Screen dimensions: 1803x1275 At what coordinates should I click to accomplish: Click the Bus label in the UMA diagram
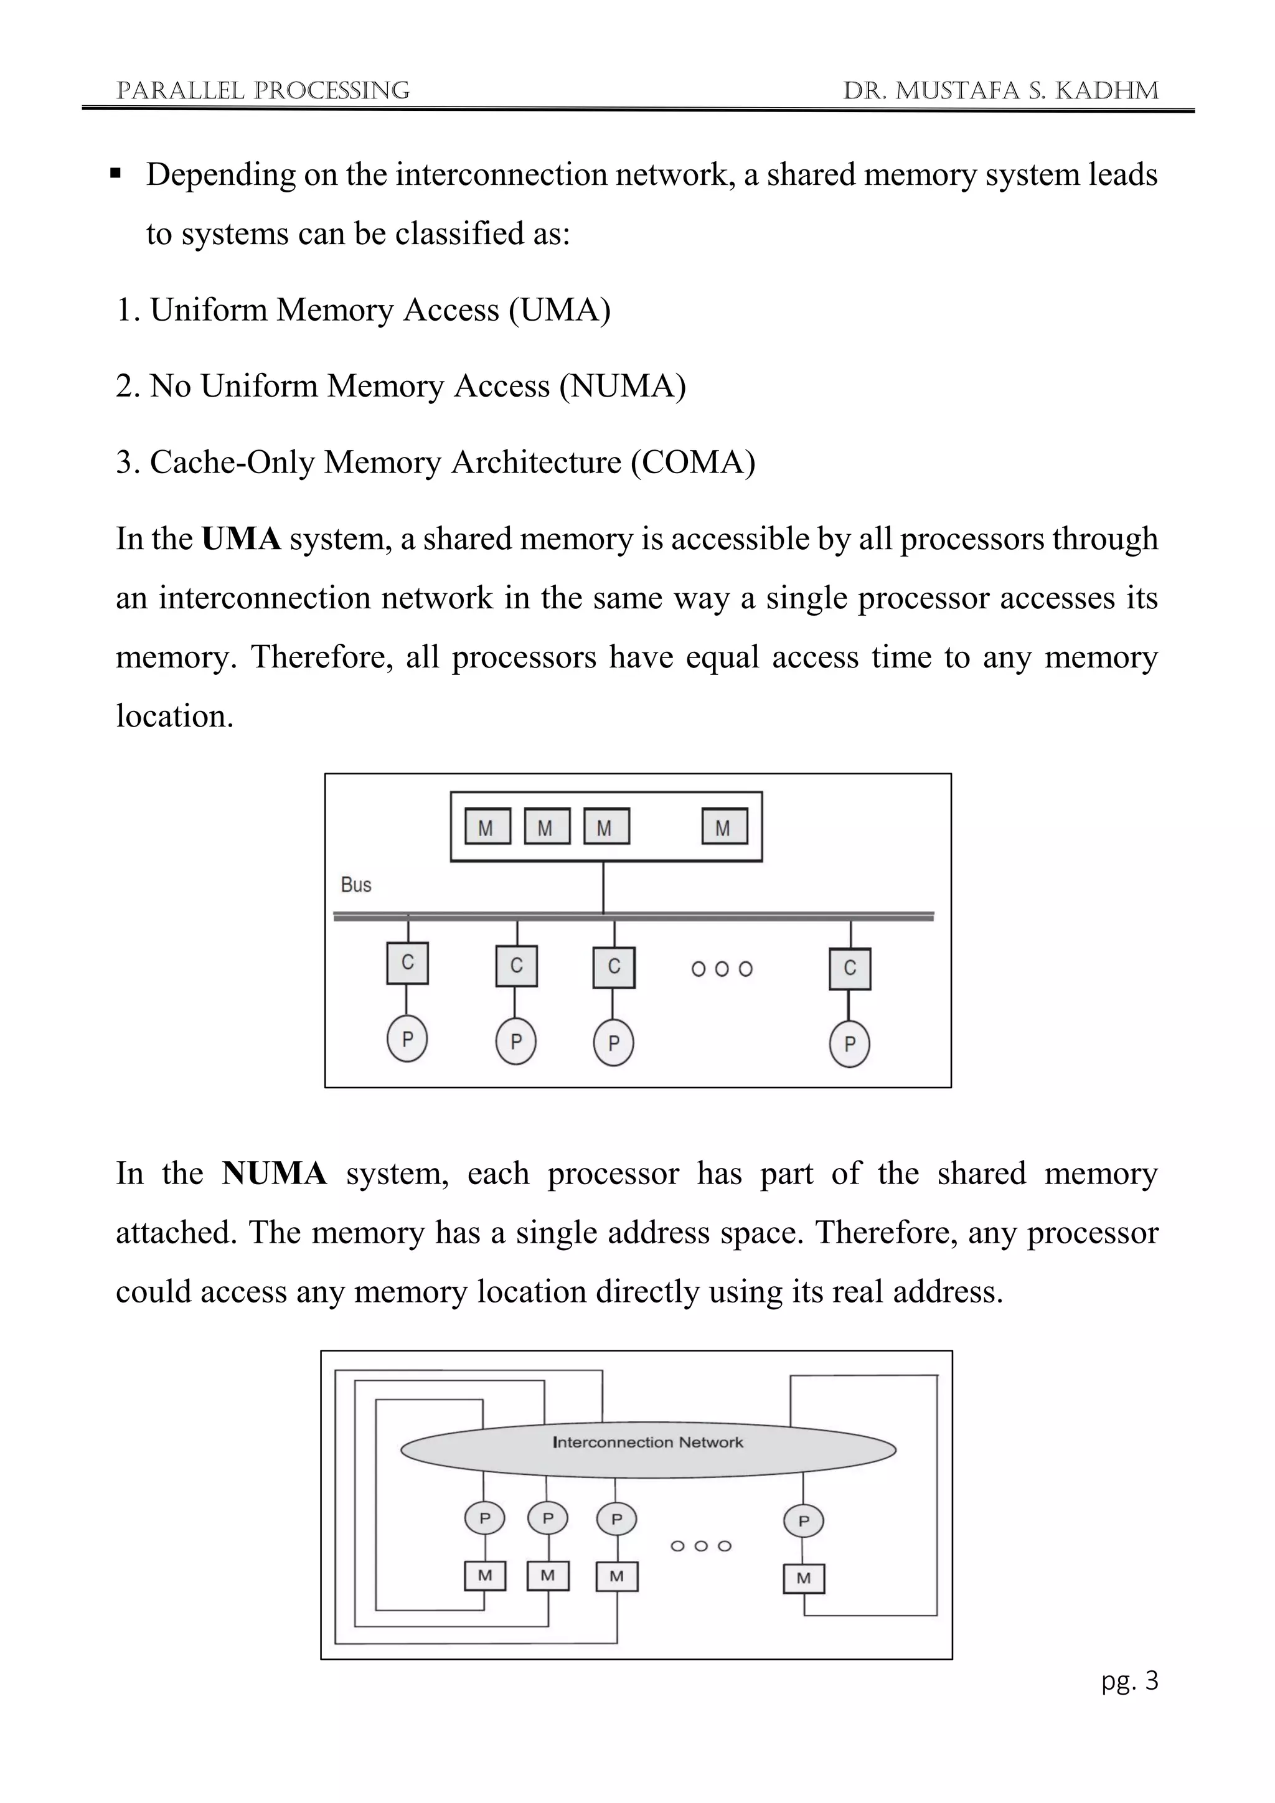pyautogui.click(x=355, y=885)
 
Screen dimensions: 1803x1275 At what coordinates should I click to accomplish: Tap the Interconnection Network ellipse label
pyautogui.click(x=647, y=1443)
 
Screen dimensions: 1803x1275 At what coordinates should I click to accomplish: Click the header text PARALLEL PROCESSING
pyautogui.click(x=262, y=91)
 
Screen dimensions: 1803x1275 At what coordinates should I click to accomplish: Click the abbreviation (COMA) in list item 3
pyautogui.click(x=694, y=463)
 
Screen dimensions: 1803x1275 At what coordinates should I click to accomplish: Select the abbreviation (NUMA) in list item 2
pyautogui.click(x=623, y=387)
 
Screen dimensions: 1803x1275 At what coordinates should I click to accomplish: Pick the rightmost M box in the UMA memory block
pyautogui.click(x=724, y=827)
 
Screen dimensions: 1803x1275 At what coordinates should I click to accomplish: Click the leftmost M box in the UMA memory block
pyautogui.click(x=487, y=827)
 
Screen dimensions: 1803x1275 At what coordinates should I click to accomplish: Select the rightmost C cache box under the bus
pyautogui.click(x=849, y=968)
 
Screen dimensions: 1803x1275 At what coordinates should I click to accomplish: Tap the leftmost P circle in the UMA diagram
pyautogui.click(x=407, y=1039)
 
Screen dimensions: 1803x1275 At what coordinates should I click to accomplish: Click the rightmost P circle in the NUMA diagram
pyautogui.click(x=803, y=1521)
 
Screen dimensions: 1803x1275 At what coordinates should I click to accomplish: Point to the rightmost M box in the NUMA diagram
pyautogui.click(x=803, y=1578)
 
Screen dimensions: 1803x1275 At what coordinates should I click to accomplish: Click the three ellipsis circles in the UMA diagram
pyautogui.click(x=722, y=969)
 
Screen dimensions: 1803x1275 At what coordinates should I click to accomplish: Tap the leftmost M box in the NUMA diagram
pyautogui.click(x=484, y=1575)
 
